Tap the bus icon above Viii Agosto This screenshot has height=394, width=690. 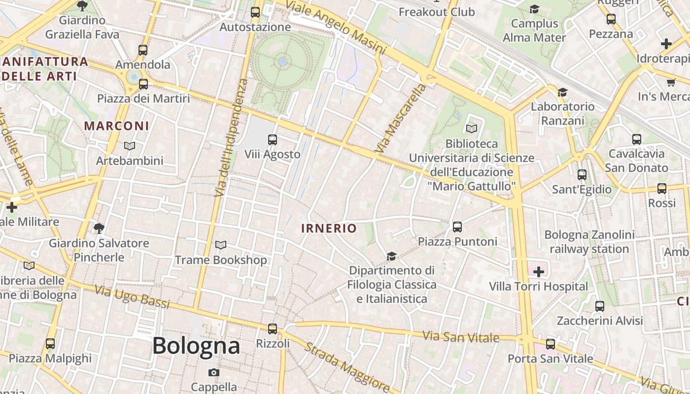[x=273, y=140]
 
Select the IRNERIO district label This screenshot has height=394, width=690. [x=329, y=228]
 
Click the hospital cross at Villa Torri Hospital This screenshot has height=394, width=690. [x=539, y=271]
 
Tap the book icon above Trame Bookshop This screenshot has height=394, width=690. [x=221, y=245]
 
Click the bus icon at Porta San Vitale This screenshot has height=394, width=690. [x=551, y=344]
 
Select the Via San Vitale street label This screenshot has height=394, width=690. [x=461, y=337]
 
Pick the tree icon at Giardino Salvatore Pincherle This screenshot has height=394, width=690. [x=99, y=228]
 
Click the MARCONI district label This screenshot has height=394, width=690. [x=116, y=126]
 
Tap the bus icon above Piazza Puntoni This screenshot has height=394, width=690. [x=457, y=227]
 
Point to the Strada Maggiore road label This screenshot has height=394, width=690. [x=347, y=365]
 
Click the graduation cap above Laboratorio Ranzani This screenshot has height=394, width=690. [x=562, y=92]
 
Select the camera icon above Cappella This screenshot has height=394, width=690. [x=213, y=372]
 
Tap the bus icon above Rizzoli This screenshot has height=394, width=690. [x=273, y=328]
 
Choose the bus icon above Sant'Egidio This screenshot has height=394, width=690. [x=582, y=175]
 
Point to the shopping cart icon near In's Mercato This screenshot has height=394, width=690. [x=671, y=82]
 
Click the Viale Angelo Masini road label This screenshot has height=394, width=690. [x=336, y=27]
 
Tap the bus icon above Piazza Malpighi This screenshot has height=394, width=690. [x=50, y=343]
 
